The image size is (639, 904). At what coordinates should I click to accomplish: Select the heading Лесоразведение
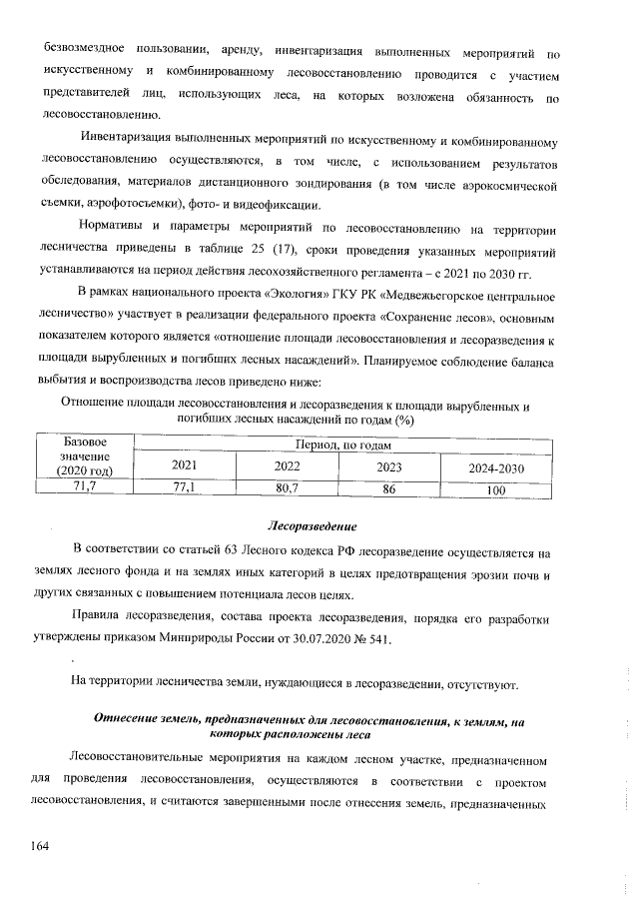pyautogui.click(x=314, y=524)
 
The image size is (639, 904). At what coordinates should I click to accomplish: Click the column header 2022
pyautogui.click(x=288, y=465)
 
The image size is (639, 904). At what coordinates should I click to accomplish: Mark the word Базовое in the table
pyautogui.click(x=84, y=441)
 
